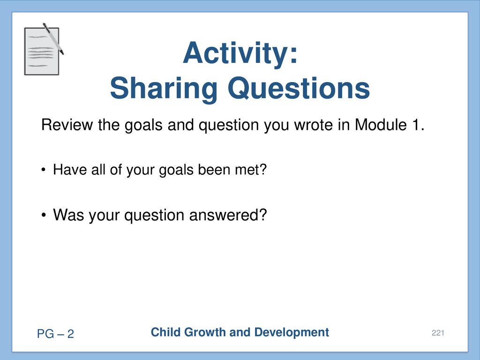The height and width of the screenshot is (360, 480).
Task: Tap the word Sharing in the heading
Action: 164,88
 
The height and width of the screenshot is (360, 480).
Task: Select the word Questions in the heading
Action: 299,88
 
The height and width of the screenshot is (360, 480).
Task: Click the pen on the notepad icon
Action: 53,38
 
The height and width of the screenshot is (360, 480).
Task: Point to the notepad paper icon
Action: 42,51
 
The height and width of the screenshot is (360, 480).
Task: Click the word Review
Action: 67,125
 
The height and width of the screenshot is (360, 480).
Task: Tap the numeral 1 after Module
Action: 415,125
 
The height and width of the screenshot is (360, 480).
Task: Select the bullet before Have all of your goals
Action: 44,170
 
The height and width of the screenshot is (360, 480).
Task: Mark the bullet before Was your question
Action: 44,215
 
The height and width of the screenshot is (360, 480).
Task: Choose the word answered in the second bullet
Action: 228,215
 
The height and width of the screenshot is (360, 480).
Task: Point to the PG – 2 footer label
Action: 55,334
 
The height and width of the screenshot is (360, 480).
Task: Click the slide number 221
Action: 438,333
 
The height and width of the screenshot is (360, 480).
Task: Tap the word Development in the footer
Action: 292,333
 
